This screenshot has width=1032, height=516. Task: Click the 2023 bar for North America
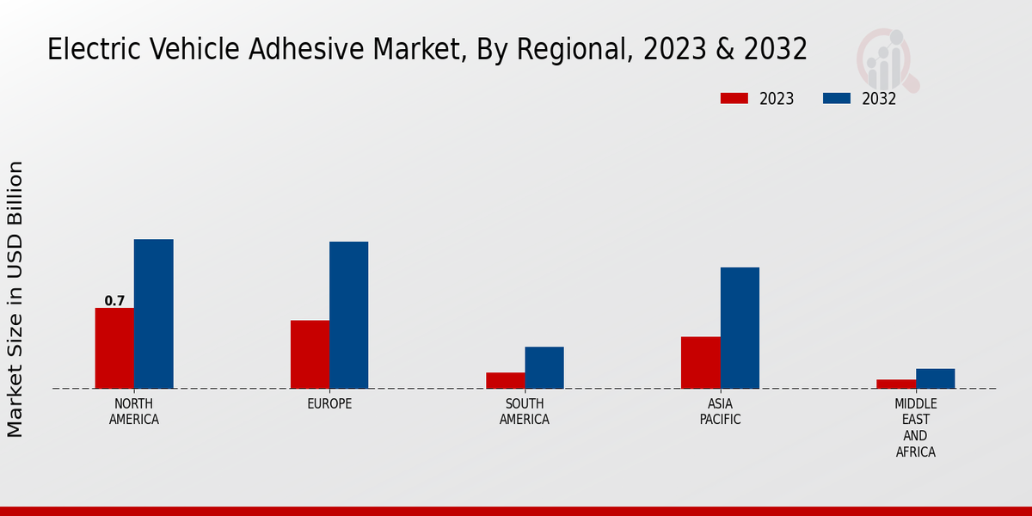click(x=114, y=348)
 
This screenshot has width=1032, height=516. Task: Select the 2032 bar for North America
click(x=153, y=314)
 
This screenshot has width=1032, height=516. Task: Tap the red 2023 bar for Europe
click(x=310, y=354)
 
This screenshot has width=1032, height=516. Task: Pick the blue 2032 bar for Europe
click(x=348, y=315)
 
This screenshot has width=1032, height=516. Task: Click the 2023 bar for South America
click(x=505, y=380)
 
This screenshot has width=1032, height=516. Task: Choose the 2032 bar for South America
click(x=544, y=367)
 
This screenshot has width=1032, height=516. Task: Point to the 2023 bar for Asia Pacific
click(x=700, y=362)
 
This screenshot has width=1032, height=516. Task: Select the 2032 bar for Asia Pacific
click(x=740, y=328)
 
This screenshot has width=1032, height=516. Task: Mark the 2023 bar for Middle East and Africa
click(x=896, y=384)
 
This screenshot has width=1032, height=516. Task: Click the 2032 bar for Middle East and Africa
click(x=935, y=378)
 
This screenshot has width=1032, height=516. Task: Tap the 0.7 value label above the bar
click(x=114, y=301)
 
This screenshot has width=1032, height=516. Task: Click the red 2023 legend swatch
click(x=734, y=98)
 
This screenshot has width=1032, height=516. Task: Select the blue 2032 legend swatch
click(x=837, y=98)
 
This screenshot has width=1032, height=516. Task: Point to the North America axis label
click(x=133, y=412)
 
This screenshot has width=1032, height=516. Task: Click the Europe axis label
click(x=329, y=404)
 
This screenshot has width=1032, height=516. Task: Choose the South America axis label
click(x=525, y=412)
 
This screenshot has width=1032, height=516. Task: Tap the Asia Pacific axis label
click(x=720, y=412)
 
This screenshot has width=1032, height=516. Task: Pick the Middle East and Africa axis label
click(x=915, y=427)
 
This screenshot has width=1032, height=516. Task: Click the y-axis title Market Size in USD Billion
click(x=15, y=298)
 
